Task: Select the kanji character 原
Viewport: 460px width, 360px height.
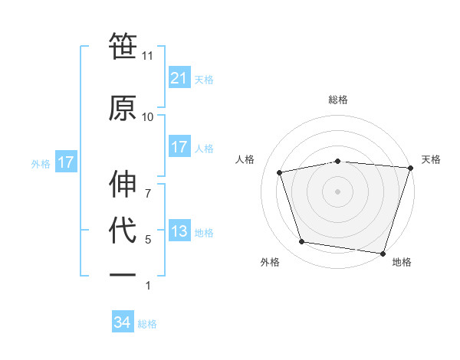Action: point(123,107)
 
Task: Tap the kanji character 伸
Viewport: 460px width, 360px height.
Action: point(123,184)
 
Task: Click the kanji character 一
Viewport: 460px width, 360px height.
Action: point(123,274)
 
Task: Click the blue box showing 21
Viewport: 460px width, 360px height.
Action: point(179,77)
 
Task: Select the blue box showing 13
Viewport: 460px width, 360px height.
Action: point(179,232)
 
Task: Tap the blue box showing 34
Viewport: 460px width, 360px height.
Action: point(123,323)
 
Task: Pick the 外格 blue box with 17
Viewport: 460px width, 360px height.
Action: point(65,162)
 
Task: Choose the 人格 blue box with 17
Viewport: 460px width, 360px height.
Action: point(179,147)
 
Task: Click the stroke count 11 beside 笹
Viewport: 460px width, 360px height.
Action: point(147,56)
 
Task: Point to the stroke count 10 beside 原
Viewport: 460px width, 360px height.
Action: point(147,117)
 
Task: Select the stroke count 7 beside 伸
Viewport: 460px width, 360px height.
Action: point(147,185)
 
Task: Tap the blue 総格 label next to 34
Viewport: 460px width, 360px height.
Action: point(147,324)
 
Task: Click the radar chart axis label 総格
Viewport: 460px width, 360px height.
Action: point(337,100)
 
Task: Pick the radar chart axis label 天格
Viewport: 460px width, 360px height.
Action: point(431,159)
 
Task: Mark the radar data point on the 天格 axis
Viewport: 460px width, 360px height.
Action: point(409,168)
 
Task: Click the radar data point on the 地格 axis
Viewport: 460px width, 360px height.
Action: point(383,253)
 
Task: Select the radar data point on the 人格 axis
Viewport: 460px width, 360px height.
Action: point(280,172)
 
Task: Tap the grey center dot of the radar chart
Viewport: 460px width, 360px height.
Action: point(337,191)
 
